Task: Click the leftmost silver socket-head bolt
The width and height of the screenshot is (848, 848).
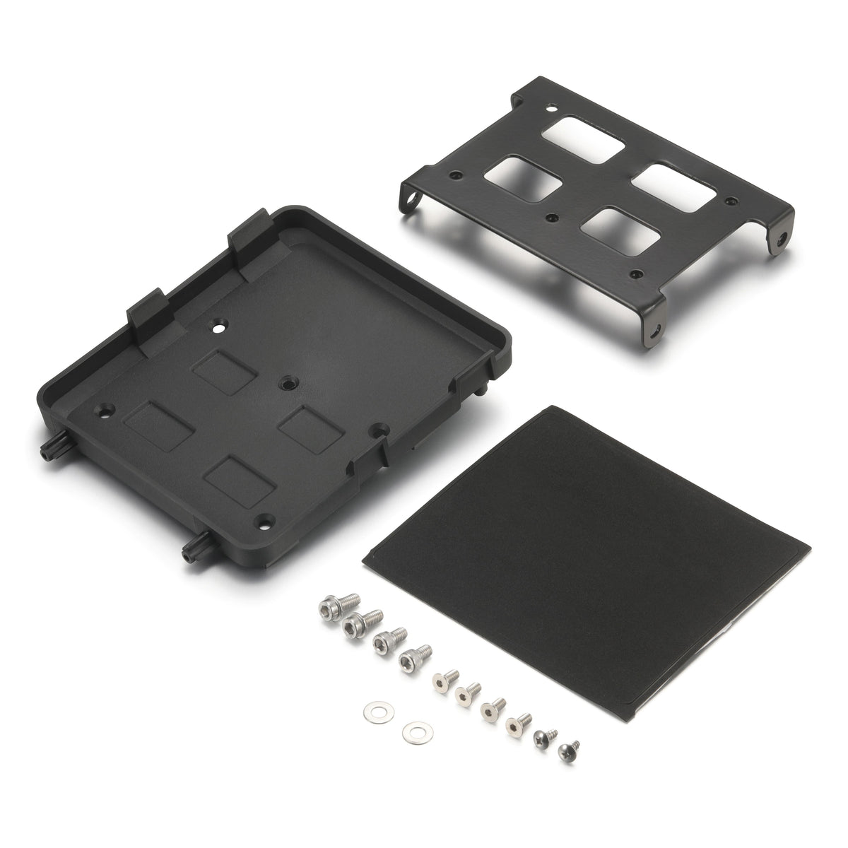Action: pos(329,607)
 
